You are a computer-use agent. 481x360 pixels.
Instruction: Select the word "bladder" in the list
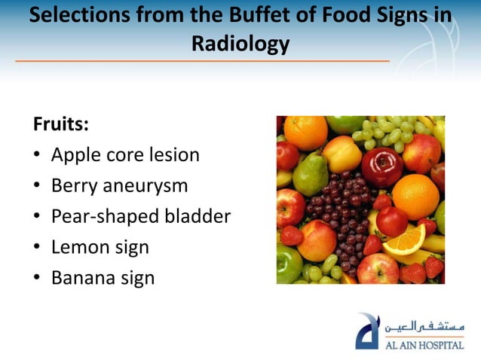coord(197,217)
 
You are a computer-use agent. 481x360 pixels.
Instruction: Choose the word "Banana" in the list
coord(83,278)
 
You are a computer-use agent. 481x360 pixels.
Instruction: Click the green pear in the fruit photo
coord(310,175)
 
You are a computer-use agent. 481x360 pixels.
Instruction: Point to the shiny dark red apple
coord(382,166)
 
